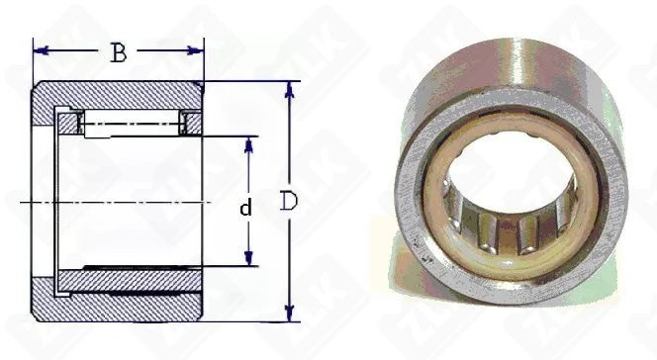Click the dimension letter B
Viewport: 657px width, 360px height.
coord(119,52)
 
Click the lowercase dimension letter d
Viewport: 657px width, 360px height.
coord(246,208)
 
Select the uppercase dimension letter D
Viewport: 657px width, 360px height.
coord(288,201)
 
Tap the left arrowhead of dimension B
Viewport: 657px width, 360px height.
coord(41,50)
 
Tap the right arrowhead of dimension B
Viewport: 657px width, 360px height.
coord(196,50)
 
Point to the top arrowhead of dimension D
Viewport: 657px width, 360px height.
coord(290,89)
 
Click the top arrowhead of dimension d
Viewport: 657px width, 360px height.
coord(249,144)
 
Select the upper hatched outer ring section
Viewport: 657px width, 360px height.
coord(118,96)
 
